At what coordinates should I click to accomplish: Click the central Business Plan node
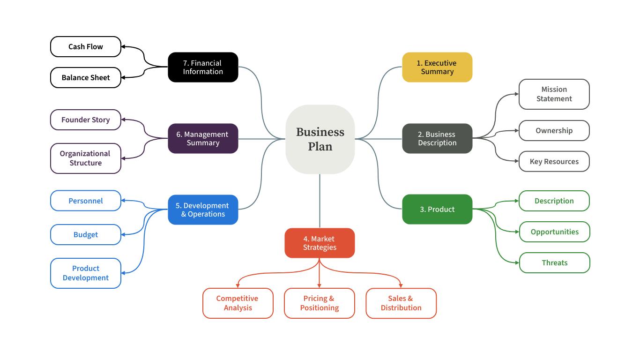pyautogui.click(x=320, y=139)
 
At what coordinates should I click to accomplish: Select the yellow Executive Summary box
pyautogui.click(x=437, y=67)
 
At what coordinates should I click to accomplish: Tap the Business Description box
pyautogui.click(x=437, y=138)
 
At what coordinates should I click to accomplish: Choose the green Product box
pyautogui.click(x=437, y=209)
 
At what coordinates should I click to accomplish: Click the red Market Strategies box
pyautogui.click(x=320, y=243)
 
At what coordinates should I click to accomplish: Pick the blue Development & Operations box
pyautogui.click(x=203, y=210)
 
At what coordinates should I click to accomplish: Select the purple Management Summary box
pyautogui.click(x=203, y=138)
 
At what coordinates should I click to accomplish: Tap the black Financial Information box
pyautogui.click(x=203, y=67)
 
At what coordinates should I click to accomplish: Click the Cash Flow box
pyautogui.click(x=85, y=46)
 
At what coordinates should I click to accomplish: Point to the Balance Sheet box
pyautogui.click(x=85, y=77)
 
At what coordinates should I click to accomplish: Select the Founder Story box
pyautogui.click(x=85, y=120)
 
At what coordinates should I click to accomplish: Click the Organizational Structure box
pyautogui.click(x=85, y=158)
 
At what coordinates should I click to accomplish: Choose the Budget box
pyautogui.click(x=85, y=234)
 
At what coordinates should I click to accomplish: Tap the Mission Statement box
pyautogui.click(x=554, y=94)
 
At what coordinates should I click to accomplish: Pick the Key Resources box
pyautogui.click(x=554, y=161)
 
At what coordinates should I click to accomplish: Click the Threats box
pyautogui.click(x=554, y=262)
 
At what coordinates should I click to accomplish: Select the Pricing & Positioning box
pyautogui.click(x=320, y=303)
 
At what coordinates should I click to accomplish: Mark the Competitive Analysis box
pyautogui.click(x=238, y=303)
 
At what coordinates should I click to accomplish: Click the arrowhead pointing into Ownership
pyautogui.click(x=516, y=131)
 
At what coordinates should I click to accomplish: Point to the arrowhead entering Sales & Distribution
pyautogui.click(x=401, y=285)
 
